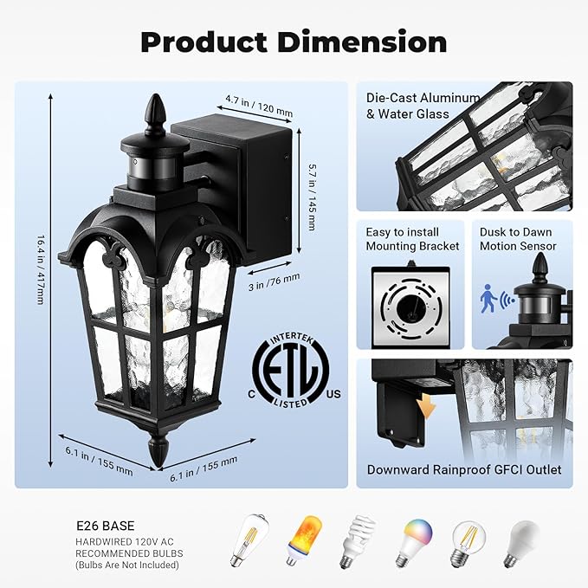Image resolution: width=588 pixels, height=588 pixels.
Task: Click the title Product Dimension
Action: (294, 42)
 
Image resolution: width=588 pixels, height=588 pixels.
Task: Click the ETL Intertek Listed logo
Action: (289, 378)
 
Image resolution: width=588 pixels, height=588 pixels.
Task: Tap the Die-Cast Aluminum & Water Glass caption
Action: (407, 107)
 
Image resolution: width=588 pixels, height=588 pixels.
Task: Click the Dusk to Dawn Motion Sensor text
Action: (518, 239)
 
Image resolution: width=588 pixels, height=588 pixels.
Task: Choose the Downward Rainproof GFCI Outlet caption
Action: (463, 470)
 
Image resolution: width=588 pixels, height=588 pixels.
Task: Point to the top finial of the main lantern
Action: (154, 110)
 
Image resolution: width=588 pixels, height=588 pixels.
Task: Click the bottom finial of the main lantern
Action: (158, 447)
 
